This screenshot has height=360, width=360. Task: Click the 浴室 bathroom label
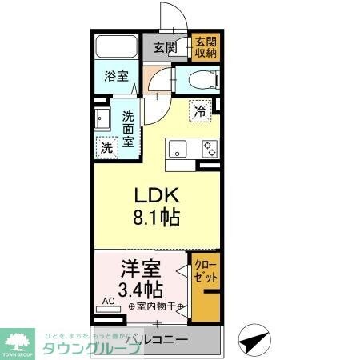(117, 78)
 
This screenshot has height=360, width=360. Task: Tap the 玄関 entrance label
(166, 46)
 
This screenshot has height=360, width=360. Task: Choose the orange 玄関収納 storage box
(205, 46)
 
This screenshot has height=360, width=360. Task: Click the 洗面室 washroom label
(128, 128)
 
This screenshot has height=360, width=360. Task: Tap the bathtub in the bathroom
(117, 47)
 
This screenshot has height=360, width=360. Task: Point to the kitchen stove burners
(210, 148)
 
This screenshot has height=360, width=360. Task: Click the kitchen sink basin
(177, 148)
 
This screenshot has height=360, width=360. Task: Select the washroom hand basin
(102, 119)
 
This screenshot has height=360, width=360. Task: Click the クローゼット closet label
(205, 271)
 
